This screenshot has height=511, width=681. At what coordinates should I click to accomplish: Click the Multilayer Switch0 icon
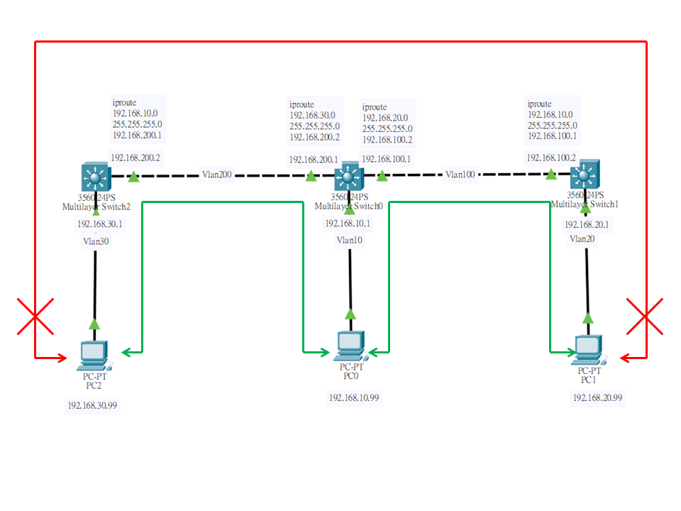point(349,175)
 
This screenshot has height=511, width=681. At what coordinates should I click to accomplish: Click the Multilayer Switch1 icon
point(585,174)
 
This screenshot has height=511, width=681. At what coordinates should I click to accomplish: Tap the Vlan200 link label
point(217,175)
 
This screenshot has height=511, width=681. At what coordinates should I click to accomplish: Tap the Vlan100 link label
point(460,174)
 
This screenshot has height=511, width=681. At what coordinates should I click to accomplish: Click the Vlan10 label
point(350,240)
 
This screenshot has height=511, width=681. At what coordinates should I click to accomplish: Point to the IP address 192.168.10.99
point(354,398)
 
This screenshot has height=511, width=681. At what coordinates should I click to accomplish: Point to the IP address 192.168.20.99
point(597,397)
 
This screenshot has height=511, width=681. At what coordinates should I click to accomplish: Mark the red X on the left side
point(35,316)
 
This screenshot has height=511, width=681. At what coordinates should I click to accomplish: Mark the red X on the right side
point(645,316)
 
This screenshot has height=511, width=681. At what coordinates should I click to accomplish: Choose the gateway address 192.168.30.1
point(100,224)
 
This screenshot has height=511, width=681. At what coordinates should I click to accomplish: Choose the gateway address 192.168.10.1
point(348,224)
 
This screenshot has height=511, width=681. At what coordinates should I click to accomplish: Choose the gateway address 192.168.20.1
point(587,224)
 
